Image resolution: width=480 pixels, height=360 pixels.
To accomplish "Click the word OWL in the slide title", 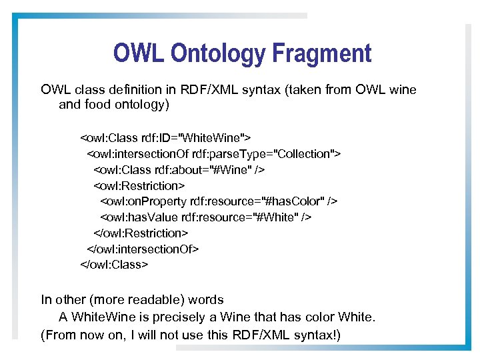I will click(x=135, y=53).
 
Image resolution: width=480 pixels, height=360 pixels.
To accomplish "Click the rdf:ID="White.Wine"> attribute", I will click(x=197, y=138).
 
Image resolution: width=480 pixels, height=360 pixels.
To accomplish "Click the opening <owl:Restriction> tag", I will click(x=139, y=185).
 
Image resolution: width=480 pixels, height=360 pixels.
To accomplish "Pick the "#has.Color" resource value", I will click(x=289, y=201).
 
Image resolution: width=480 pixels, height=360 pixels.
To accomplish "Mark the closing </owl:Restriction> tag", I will click(x=141, y=233).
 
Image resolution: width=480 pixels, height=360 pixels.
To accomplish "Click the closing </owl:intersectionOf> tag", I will click(x=143, y=249).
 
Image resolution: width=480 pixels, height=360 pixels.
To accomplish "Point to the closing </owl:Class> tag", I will click(x=115, y=265).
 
